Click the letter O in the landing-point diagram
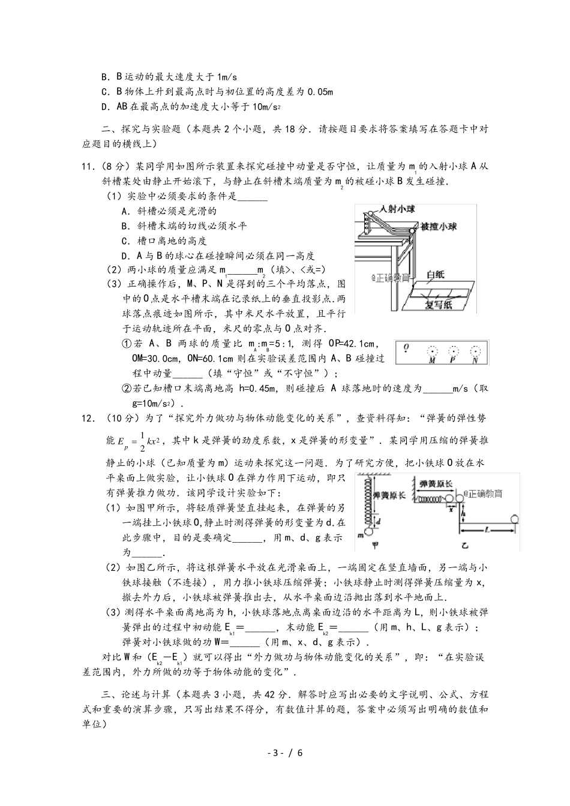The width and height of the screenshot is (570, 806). click(x=406, y=347)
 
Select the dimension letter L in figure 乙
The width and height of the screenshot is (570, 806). click(x=487, y=530)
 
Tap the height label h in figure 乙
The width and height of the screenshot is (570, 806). click(x=464, y=513)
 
